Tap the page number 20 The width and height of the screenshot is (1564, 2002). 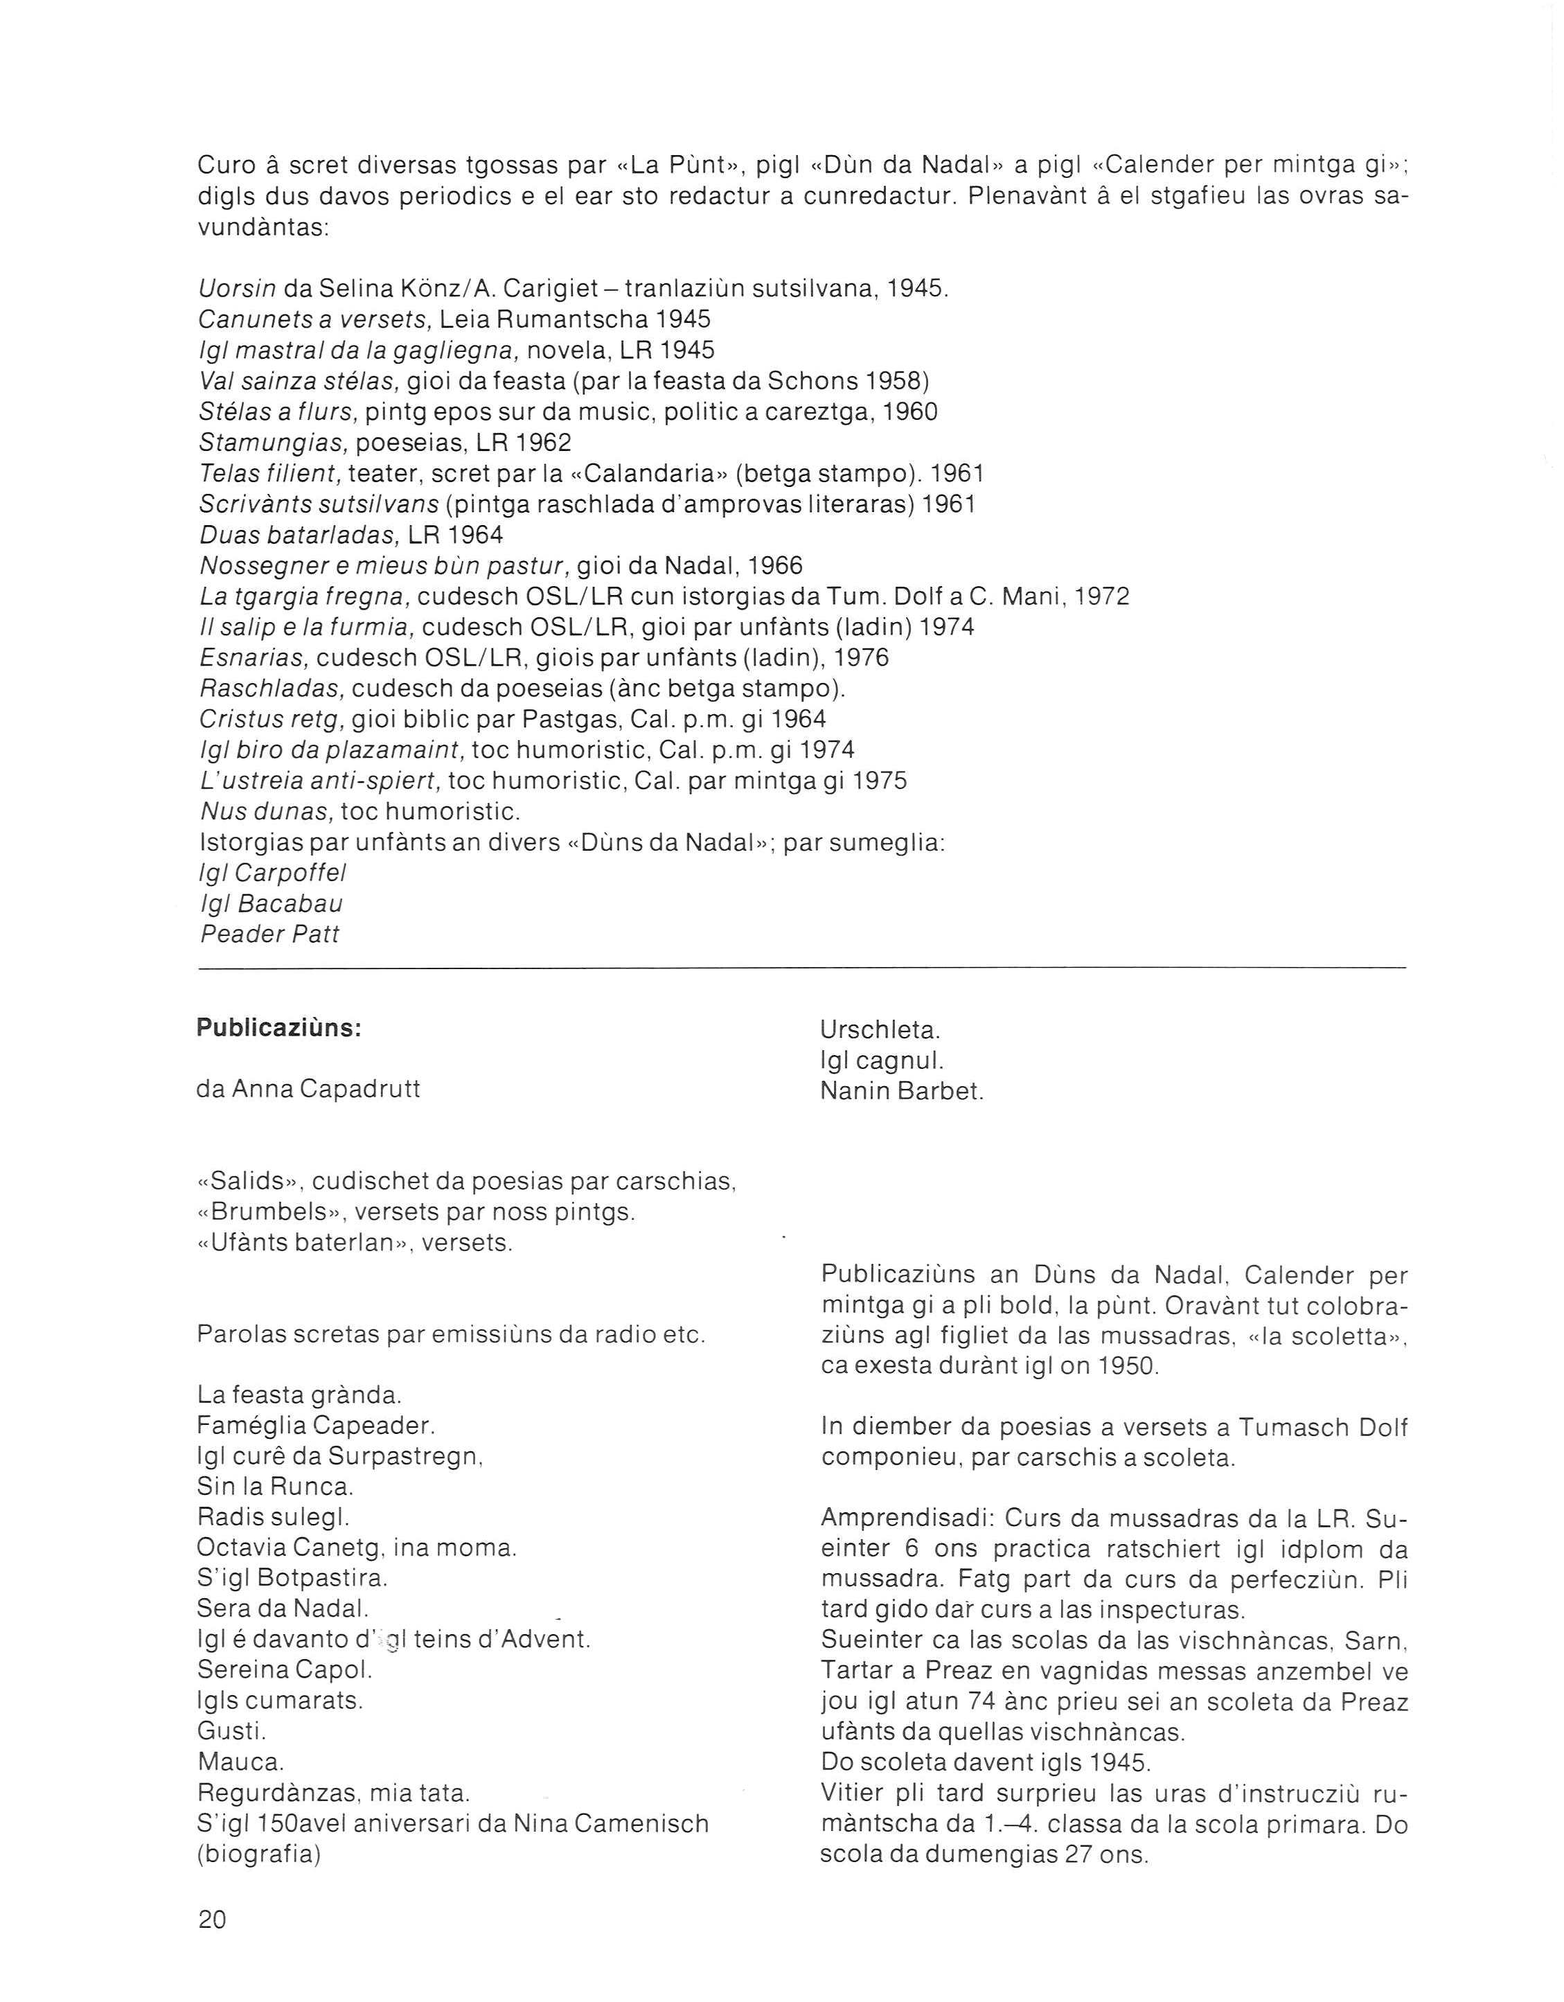212,1920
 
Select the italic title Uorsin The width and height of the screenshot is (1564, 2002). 238,289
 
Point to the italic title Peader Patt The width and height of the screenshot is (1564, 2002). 269,935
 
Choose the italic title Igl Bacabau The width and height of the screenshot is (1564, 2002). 272,904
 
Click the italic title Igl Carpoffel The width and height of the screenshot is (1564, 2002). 272,873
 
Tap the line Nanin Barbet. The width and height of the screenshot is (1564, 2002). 901,1092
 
